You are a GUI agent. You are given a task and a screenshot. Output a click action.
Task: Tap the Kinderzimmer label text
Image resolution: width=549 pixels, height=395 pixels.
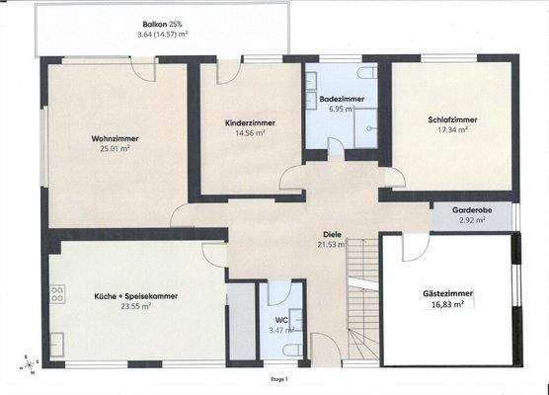(250, 121)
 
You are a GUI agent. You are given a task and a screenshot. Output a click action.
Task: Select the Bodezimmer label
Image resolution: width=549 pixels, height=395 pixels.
(343, 101)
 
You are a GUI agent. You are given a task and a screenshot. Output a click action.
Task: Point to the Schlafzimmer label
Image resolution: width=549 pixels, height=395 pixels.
(452, 119)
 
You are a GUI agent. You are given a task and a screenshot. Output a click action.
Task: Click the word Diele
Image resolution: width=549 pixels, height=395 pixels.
(332, 234)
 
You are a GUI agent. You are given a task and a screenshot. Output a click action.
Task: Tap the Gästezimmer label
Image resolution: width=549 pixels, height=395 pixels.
(447, 294)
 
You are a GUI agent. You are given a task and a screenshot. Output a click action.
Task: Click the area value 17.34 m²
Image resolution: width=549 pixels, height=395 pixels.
(452, 129)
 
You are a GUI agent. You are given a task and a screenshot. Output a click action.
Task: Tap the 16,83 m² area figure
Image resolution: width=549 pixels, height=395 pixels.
(447, 305)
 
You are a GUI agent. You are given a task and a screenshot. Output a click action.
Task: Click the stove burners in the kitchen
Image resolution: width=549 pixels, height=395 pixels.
(57, 293)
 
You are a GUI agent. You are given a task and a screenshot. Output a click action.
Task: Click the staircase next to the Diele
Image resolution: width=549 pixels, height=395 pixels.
(362, 296)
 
